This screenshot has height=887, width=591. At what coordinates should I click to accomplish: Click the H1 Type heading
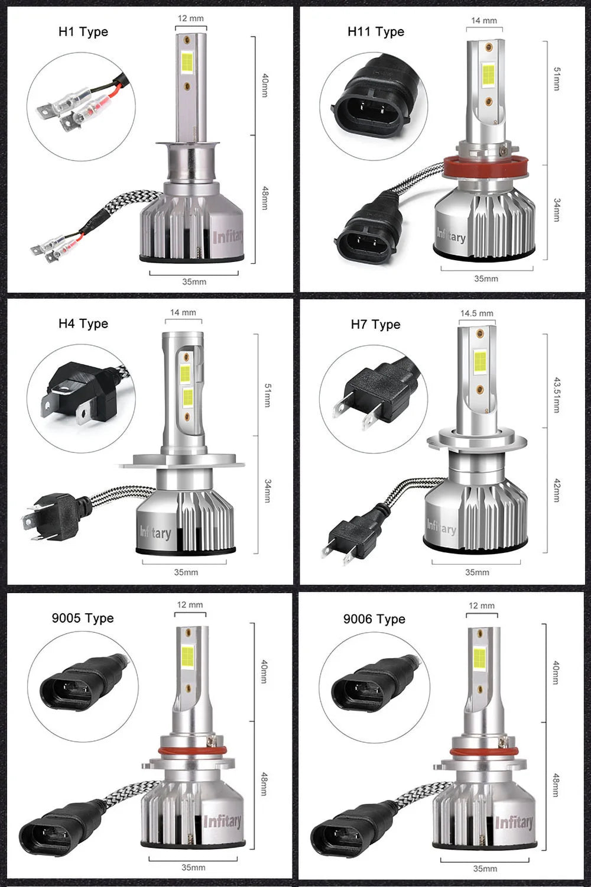(x=83, y=32)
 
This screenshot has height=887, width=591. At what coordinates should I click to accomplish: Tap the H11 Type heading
(x=376, y=32)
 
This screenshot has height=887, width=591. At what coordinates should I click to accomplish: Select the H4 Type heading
(x=83, y=323)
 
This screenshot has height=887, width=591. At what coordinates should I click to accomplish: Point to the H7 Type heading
(x=375, y=325)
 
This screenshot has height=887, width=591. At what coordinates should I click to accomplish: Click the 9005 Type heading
(x=83, y=618)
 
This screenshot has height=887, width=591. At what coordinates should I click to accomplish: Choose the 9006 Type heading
(x=374, y=619)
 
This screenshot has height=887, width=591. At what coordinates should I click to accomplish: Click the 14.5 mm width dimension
(x=476, y=313)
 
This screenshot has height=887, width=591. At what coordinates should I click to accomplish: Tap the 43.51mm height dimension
(x=556, y=394)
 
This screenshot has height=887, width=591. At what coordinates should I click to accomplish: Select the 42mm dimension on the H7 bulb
(x=556, y=491)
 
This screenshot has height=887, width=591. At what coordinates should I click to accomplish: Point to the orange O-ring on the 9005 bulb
(x=192, y=752)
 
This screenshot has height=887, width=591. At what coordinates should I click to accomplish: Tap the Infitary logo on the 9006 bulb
(x=514, y=823)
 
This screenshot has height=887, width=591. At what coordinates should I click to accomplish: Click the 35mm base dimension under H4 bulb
(x=186, y=572)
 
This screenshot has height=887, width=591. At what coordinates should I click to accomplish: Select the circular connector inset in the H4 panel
(x=81, y=399)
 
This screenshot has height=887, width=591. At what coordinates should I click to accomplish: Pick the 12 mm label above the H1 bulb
(x=190, y=18)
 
